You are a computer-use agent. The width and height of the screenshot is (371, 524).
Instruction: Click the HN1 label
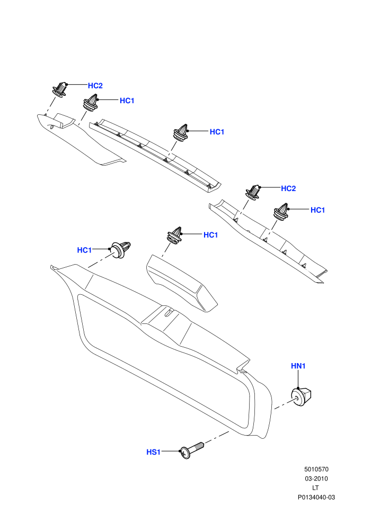[298, 366]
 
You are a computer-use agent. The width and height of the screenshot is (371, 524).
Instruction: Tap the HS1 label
[154, 452]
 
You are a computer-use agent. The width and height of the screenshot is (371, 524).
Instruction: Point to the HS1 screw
[192, 450]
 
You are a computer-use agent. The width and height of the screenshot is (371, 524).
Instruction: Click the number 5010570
[316, 469]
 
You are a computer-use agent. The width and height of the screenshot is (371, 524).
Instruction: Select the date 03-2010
[316, 478]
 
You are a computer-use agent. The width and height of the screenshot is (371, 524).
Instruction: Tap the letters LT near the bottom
[315, 488]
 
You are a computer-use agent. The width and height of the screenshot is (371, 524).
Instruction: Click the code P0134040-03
[316, 497]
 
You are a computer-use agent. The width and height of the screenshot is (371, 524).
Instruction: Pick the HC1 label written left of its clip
[84, 250]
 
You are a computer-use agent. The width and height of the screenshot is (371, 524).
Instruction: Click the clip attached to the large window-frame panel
[121, 249]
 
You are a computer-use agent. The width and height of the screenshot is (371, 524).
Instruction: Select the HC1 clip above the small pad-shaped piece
[174, 236]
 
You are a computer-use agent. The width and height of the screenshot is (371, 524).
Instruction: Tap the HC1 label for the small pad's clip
[211, 235]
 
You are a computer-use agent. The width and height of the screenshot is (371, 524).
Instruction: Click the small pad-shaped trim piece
[181, 283]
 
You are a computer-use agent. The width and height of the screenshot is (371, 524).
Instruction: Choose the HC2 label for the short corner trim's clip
[95, 86]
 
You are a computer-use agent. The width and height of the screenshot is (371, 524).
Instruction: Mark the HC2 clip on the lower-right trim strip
[253, 192]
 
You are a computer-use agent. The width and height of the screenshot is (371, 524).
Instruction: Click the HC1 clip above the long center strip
[182, 132]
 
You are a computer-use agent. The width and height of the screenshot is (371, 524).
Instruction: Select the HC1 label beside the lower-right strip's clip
[318, 210]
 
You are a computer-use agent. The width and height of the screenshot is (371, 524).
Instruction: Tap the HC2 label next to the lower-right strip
[288, 188]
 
